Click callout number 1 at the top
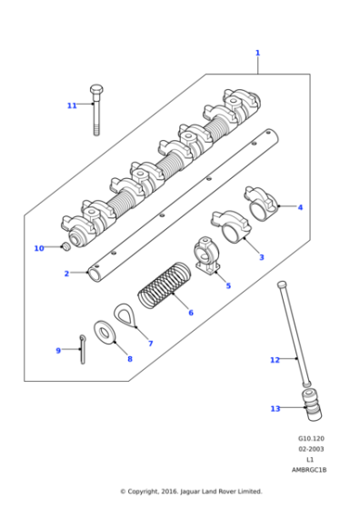(257, 53)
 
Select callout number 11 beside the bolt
(72, 105)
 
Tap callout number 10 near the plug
(38, 248)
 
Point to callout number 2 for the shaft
(66, 274)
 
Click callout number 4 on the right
(301, 207)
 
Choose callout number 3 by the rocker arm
(261, 258)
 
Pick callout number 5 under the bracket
(228, 285)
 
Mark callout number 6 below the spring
(190, 313)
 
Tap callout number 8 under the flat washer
(129, 359)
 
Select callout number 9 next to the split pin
(58, 350)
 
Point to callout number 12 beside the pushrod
(275, 360)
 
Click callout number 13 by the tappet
(275, 408)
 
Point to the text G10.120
(312, 439)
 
